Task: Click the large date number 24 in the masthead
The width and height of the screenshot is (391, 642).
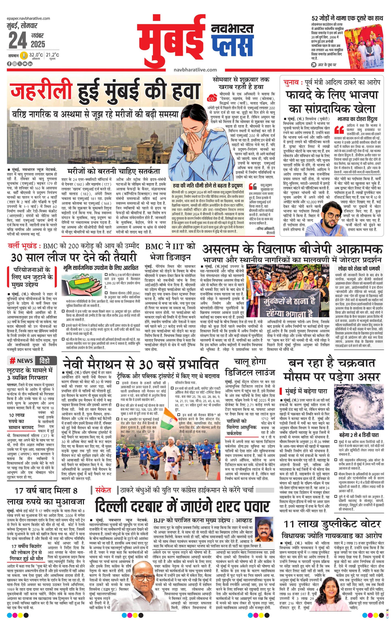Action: (18, 41)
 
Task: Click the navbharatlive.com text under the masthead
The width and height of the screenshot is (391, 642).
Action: (195, 70)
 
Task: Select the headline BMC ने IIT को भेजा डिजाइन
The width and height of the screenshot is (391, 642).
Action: (170, 251)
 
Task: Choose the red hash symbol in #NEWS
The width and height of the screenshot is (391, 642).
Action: (12, 361)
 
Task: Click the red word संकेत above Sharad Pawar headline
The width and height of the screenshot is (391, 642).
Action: (103, 490)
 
